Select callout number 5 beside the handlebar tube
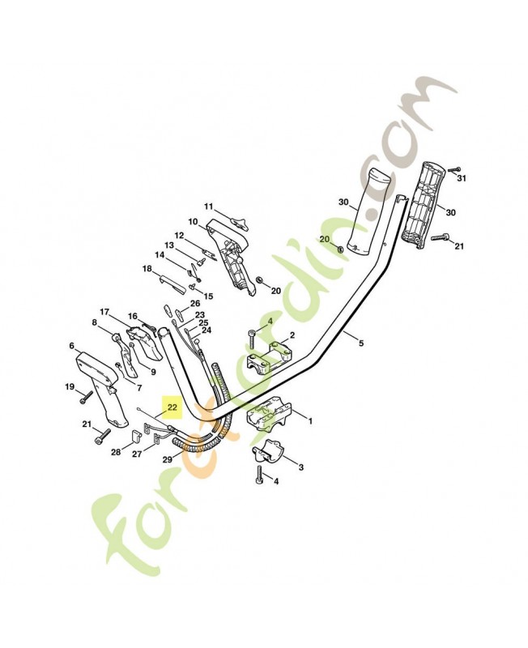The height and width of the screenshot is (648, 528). point(360,343)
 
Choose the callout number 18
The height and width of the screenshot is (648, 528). point(147,268)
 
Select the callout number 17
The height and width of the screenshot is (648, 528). point(104,312)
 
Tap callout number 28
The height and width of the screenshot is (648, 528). point(116,452)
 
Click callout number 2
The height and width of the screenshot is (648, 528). point(292,335)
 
